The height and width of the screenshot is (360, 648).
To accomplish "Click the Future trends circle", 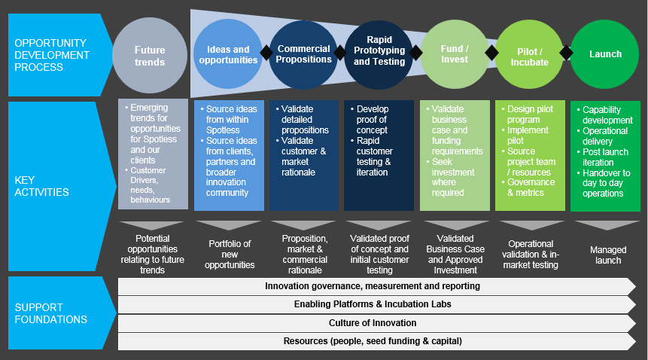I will tap(150, 56).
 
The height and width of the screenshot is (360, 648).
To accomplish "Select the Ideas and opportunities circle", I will tap(227, 55).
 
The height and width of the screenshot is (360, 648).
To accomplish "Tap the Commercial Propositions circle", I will tap(303, 54).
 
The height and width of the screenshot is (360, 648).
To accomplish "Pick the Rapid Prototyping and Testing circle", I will tap(379, 50).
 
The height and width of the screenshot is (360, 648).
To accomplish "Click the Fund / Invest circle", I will tap(454, 54).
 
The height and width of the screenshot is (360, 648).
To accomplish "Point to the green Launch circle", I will tap(605, 54).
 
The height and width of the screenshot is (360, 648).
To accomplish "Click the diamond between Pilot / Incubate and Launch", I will tap(567, 53).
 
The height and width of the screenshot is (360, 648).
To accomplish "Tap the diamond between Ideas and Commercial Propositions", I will tap(265, 53).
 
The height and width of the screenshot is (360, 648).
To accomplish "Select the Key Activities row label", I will tap(42, 186).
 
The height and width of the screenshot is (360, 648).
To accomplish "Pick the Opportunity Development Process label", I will tap(50, 55).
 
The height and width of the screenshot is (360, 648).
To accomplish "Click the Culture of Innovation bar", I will tap(373, 323).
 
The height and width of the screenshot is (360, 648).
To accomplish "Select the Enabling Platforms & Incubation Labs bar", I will tap(373, 304).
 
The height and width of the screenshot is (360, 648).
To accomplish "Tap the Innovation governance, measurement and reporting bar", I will tap(373, 286).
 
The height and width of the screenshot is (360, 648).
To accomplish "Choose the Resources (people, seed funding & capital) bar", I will tap(373, 341).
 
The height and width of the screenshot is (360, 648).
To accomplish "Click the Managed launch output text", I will tap(605, 255).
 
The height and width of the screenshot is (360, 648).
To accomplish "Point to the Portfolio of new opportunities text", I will tap(229, 254).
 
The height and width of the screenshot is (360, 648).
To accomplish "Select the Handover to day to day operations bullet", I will tap(606, 183).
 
